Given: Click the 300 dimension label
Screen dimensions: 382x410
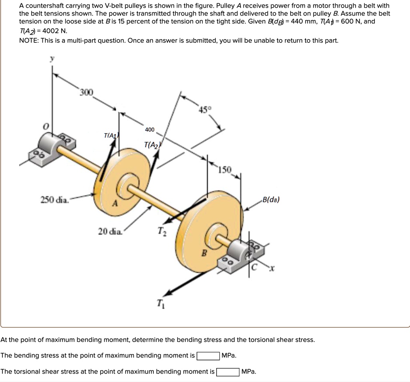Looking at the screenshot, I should (x=86, y=93).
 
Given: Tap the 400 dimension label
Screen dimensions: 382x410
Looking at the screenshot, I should (x=149, y=130).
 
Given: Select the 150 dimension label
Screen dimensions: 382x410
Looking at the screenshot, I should (x=225, y=170).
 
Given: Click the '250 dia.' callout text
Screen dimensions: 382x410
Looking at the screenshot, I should (x=54, y=200).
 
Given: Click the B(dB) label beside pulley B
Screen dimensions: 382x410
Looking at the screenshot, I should (x=271, y=200).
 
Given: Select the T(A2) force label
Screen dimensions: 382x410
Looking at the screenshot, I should (x=152, y=145).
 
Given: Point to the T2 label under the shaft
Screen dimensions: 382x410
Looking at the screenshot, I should (x=160, y=232).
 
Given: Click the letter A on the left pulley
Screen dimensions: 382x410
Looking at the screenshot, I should (x=115, y=204).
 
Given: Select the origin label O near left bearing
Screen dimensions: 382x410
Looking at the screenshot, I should (x=46, y=126).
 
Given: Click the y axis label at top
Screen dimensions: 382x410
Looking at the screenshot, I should (x=51, y=59).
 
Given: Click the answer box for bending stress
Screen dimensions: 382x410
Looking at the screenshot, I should (x=208, y=356).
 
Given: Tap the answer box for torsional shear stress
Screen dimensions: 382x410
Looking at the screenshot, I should (x=228, y=372).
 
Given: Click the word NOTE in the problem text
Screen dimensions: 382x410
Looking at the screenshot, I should (x=28, y=40).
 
